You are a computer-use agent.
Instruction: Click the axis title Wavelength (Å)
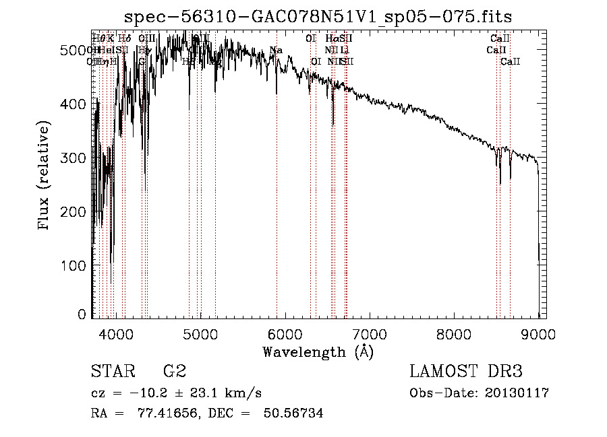pyautogui.click(x=318, y=351)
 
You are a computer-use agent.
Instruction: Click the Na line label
pyautogui.click(x=276, y=50)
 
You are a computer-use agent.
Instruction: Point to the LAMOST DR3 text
pyautogui.click(x=466, y=372)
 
